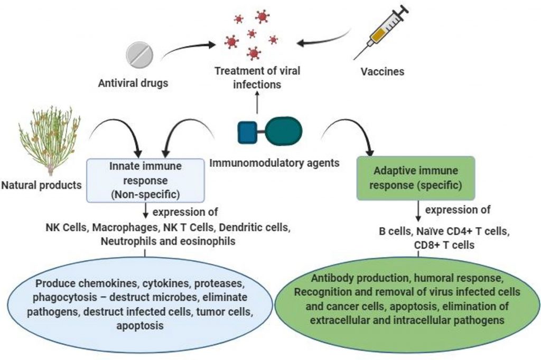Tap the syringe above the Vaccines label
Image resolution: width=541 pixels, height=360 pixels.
[382, 33]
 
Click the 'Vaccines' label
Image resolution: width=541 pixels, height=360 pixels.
[383, 71]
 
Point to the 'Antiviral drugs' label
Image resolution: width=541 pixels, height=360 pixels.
[130, 83]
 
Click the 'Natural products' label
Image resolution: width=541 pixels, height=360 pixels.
[42, 185]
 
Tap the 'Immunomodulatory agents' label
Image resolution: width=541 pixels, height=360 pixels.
[274, 163]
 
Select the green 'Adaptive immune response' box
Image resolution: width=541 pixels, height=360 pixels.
[418, 177]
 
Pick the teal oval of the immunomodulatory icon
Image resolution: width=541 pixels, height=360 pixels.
[284, 132]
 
